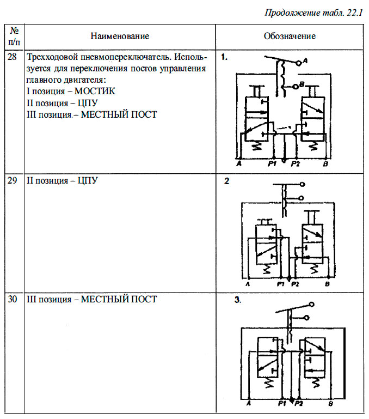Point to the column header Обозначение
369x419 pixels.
point(290,37)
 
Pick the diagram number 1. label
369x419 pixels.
point(225,56)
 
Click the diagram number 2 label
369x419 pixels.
point(227,181)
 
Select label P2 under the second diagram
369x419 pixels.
point(296,284)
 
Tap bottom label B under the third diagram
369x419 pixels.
point(331,404)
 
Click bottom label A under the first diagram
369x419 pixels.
point(239,163)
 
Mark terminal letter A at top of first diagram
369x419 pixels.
point(306,62)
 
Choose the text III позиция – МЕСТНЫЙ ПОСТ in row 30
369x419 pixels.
point(91,299)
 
